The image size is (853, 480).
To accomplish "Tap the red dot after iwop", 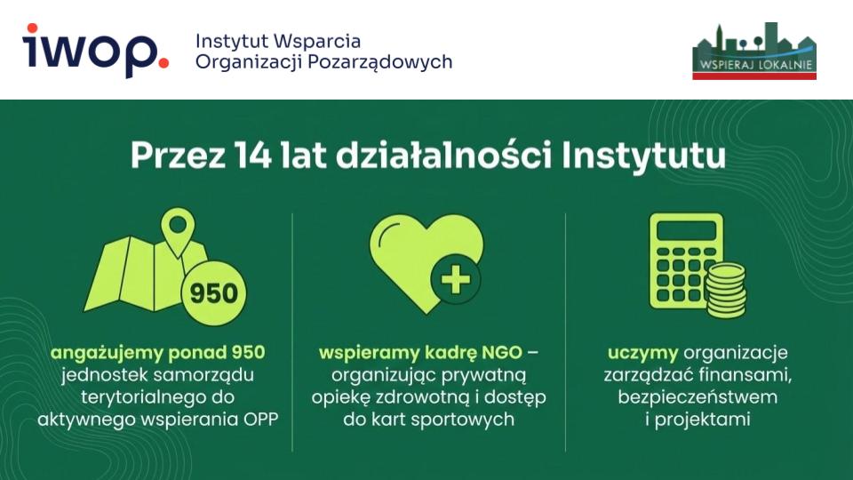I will point(162,62).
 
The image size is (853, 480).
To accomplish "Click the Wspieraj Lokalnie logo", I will point(753,52).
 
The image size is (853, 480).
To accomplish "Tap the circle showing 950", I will point(213,292).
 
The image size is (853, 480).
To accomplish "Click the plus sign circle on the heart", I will point(456,282).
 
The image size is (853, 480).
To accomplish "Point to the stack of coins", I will point(725,288).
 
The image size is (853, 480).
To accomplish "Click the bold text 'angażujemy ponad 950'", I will point(157,353).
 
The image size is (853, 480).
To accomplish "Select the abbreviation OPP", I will point(259,419).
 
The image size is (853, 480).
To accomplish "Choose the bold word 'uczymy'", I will point(643,353).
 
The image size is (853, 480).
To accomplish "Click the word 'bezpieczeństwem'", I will point(698,396).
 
